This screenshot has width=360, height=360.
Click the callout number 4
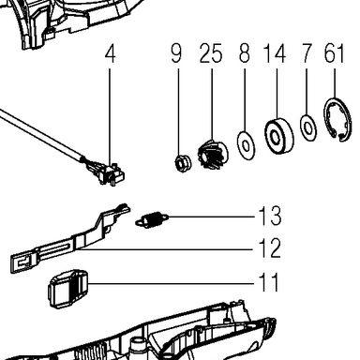click(111, 53)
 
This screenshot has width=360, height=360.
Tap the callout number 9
click(176, 53)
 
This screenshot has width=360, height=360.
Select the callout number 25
click(211, 53)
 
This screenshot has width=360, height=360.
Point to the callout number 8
click(245, 53)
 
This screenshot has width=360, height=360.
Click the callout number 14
click(275, 53)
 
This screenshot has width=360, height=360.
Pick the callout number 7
click(307, 53)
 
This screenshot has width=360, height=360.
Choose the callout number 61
click(334, 53)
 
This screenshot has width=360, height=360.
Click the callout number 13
click(270, 216)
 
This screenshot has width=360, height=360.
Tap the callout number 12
click(269, 248)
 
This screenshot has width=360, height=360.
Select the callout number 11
click(268, 282)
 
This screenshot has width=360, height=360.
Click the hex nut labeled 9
click(182, 163)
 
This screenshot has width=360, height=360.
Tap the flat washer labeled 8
click(246, 145)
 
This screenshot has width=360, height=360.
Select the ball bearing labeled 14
click(279, 136)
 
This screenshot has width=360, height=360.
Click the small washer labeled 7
click(308, 127)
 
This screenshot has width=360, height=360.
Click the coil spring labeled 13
click(153, 219)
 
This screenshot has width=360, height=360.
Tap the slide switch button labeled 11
click(68, 289)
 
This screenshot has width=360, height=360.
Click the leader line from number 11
click(172, 283)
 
